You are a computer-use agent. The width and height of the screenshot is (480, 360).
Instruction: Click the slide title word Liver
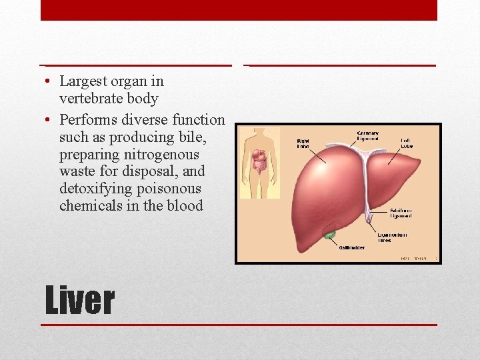(79, 301)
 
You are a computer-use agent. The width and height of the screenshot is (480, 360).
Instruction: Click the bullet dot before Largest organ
(50, 82)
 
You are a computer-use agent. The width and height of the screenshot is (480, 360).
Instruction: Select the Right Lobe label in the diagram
(303, 143)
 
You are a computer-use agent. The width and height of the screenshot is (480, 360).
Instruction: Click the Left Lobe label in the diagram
(407, 143)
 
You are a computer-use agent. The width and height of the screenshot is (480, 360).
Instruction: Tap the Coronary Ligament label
(368, 136)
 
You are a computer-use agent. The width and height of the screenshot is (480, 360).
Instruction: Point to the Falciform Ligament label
(401, 213)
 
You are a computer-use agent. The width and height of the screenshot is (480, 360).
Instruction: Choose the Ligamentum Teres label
(392, 237)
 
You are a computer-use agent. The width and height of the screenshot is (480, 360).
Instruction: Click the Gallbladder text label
(351, 248)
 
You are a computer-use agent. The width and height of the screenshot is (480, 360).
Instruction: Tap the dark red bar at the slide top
(239, 10)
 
